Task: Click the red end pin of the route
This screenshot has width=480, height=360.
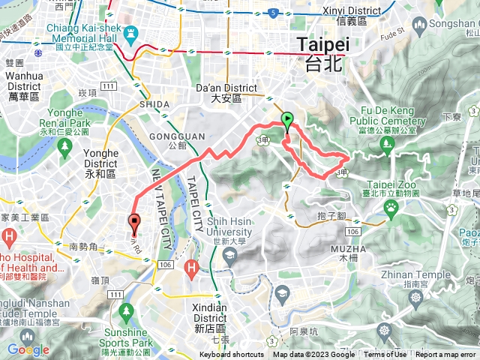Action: [x=134, y=222]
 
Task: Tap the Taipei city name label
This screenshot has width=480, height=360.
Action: [x=324, y=52]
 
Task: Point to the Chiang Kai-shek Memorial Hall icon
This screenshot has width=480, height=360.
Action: [x=133, y=34]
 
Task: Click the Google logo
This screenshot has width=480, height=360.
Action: [x=28, y=349]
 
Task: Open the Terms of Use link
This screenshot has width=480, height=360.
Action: [x=385, y=355]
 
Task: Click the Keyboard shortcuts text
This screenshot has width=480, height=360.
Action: [x=232, y=355]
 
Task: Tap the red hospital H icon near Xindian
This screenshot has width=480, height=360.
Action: [x=191, y=265]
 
